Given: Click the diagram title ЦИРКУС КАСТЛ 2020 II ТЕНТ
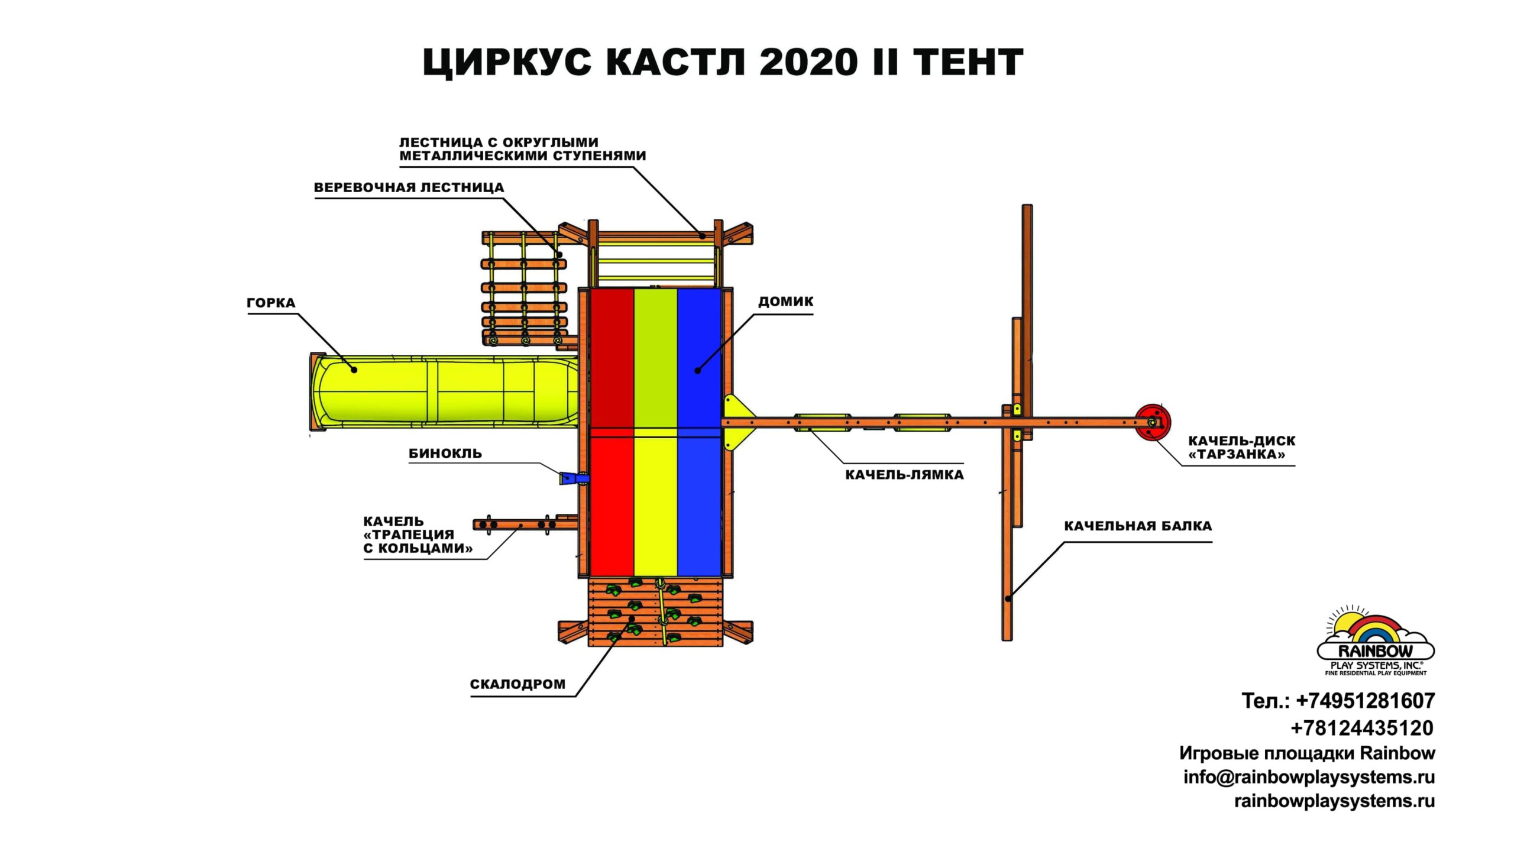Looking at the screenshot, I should pos(723,62).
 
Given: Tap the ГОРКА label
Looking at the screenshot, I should pos(271,303).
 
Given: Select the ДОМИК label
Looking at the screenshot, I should pos(785,302).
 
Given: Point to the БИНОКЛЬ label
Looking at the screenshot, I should pos(445,454).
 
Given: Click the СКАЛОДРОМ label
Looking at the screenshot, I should pos(517,684).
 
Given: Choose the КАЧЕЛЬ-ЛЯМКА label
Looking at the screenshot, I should pos(904,475).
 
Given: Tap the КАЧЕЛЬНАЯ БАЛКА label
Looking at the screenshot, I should pos(1137,526).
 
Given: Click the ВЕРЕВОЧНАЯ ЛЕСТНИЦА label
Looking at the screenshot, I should pos(409,188).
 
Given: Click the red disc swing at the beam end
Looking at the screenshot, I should pos(1151,422).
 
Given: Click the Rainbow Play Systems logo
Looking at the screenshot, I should pos(1375,642).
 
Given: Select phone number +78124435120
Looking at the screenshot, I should pos(1361,728).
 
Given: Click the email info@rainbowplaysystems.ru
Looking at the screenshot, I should pos(1309,777).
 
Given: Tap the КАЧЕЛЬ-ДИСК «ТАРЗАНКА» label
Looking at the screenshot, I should pos(1241,448).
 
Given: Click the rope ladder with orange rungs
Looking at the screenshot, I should pos(523,290).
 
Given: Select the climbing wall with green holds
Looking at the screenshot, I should pos(655,612).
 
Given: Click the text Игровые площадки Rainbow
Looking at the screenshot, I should pos(1307,753).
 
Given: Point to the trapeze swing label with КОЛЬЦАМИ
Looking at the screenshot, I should pos(417,535).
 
